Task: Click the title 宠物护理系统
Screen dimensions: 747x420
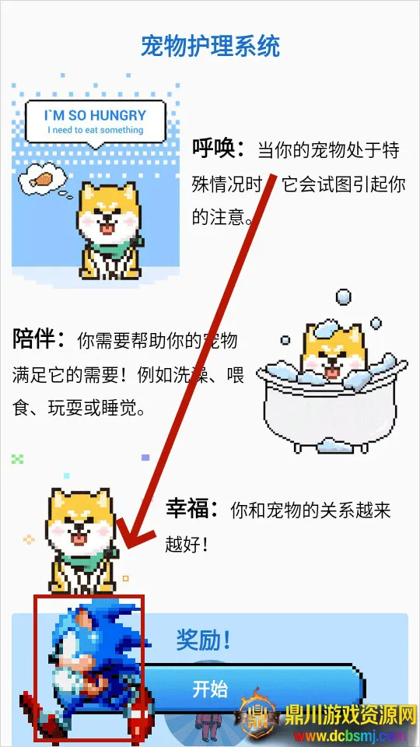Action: coord(210,46)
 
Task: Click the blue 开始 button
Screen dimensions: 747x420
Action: coord(233,689)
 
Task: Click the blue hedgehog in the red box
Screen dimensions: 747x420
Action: coord(87,665)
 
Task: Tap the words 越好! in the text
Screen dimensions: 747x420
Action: coord(187,544)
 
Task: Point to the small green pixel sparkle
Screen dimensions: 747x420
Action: coord(18,459)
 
